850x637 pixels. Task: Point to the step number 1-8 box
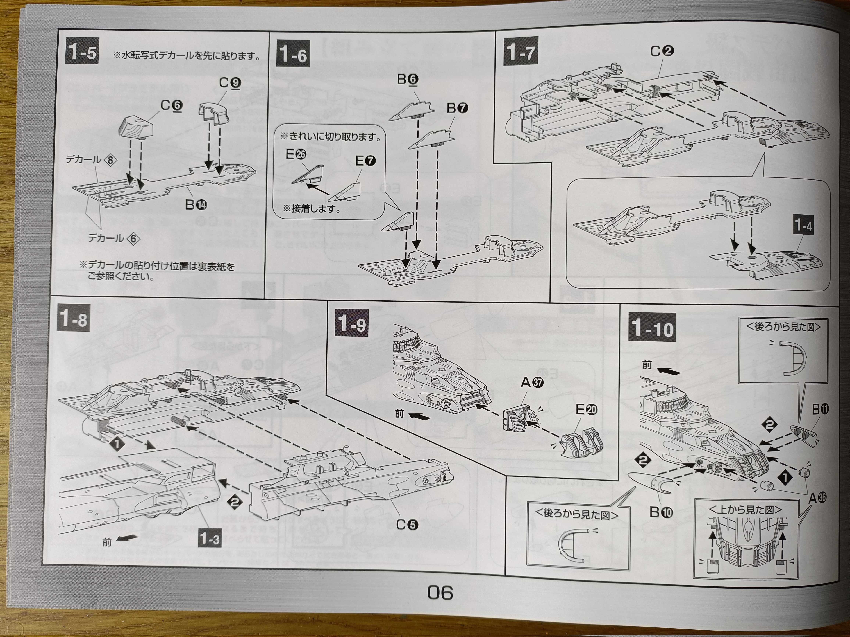[73, 319]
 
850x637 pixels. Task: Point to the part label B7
[457, 109]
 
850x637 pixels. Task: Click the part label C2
[662, 51]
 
